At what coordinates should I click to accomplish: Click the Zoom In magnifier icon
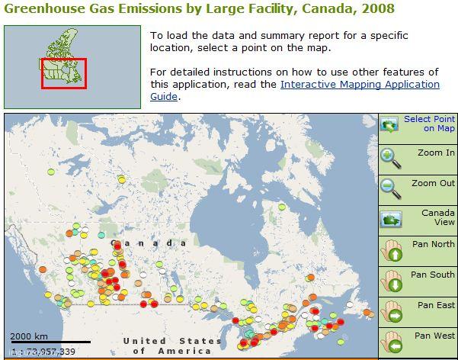391,158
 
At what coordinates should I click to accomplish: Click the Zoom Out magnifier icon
391,188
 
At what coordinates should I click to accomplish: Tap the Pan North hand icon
392,251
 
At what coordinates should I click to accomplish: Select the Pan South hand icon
392,281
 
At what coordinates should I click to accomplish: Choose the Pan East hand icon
392,312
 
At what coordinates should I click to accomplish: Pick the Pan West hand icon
392,342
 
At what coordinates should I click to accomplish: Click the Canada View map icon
391,219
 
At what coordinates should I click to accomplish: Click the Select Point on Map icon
389,124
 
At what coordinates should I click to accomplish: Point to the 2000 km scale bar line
51,342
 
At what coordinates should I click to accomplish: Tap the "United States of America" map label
172,346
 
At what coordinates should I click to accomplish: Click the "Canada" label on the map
149,243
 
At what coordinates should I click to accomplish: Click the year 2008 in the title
378,8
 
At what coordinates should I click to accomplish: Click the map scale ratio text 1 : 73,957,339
43,351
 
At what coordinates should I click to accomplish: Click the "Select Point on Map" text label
429,124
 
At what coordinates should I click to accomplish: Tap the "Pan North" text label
434,244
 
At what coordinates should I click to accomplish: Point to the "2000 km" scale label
29,336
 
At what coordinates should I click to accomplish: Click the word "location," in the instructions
171,47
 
